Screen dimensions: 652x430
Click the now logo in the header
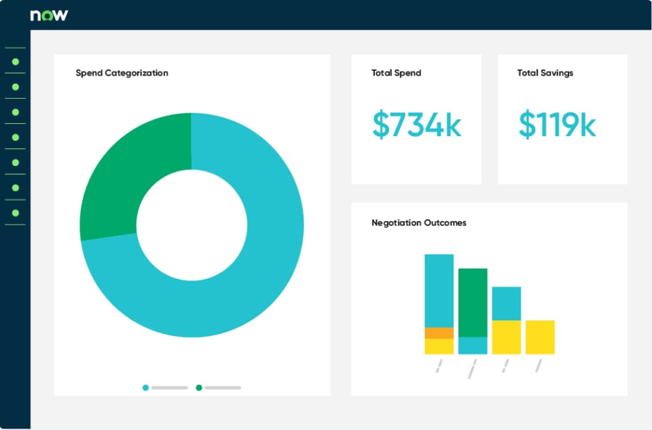[49, 16]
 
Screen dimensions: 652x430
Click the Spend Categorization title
[122, 73]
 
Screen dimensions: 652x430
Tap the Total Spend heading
[396, 73]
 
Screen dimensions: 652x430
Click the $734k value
[416, 124]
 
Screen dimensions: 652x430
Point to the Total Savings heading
[545, 73]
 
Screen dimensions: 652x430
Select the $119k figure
[557, 124]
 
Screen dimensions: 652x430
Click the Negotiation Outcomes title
[419, 223]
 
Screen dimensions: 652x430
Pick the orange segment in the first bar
[439, 333]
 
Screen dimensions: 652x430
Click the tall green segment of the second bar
[473, 303]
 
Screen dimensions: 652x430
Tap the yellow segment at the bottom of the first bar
[439, 346]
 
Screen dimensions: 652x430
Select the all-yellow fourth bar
[540, 337]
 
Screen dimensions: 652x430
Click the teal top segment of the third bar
[507, 303]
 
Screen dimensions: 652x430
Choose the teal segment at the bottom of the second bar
[473, 346]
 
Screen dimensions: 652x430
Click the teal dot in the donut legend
[145, 388]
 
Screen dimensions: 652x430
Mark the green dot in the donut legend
[199, 388]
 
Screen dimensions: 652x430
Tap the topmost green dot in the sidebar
[16, 62]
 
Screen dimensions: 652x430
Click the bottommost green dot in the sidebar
[16, 213]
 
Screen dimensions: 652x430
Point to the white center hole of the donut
[192, 225]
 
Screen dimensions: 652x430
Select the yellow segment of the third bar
[507, 337]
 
